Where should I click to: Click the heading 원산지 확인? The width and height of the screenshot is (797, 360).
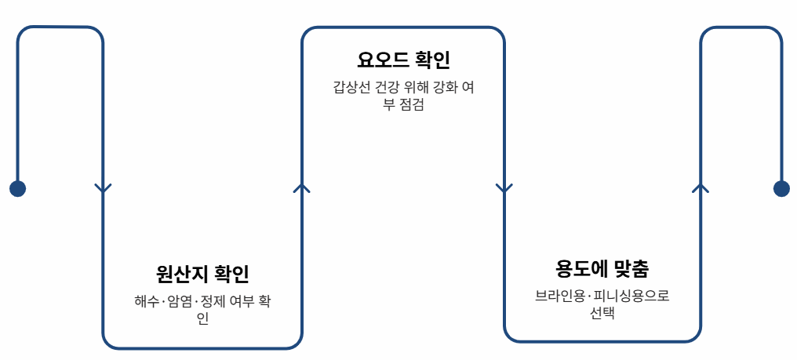202,275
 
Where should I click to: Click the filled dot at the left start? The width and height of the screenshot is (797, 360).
17,188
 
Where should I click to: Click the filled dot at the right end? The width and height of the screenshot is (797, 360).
781,188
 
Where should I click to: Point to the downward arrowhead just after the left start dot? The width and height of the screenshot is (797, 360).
103,188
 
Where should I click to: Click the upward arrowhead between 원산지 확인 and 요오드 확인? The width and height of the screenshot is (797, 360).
302,188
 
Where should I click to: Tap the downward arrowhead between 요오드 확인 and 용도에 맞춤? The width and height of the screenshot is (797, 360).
504,188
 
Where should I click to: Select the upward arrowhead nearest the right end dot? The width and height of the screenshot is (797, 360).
701,188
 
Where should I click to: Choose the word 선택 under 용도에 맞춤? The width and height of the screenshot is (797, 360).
602,313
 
